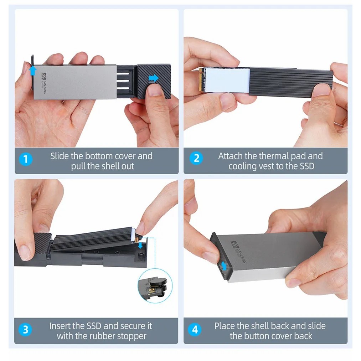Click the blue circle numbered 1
(x=26, y=159)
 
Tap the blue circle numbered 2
(x=196, y=158)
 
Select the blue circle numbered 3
(x=25, y=329)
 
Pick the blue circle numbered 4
(x=195, y=329)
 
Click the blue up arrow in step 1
(x=33, y=71)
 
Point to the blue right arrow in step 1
(x=154, y=78)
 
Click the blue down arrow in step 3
(x=140, y=246)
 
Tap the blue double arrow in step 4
(x=223, y=266)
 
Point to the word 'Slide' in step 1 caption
(x=60, y=156)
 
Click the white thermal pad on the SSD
(x=227, y=80)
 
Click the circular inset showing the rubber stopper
(x=155, y=286)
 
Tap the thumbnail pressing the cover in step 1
(x=154, y=90)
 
